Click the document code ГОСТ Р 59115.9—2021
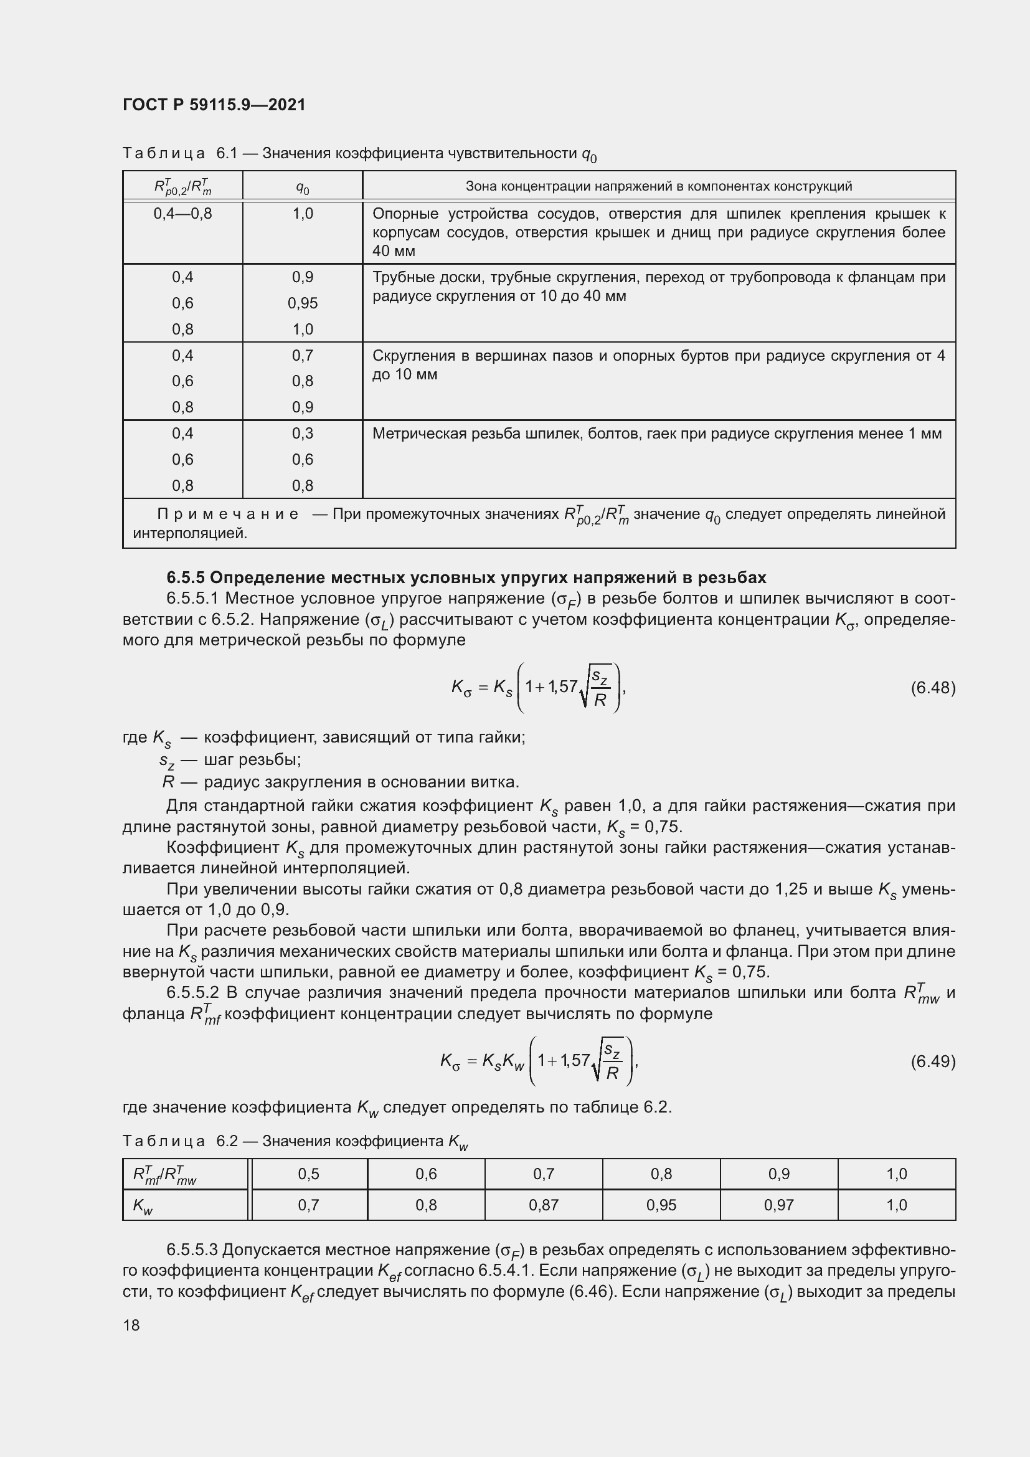(214, 105)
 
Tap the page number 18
(131, 1325)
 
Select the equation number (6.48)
(932, 687)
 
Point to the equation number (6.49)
(932, 1061)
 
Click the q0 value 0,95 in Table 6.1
(303, 303)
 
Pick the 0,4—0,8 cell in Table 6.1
(182, 214)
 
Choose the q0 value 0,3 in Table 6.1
(303, 434)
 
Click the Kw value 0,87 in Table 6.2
(544, 1205)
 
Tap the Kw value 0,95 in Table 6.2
(661, 1205)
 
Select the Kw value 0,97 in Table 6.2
(778, 1205)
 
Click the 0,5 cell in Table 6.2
(308, 1174)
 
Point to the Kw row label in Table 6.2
(143, 1206)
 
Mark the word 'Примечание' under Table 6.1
(228, 514)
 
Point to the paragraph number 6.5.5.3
(192, 1250)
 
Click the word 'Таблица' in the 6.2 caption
(164, 1142)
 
